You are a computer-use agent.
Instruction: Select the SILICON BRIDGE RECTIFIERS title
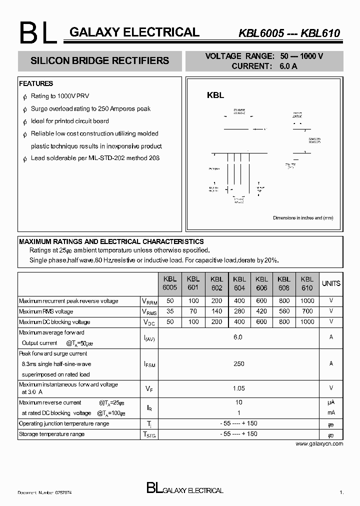point(100,61)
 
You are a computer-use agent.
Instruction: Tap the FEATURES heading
point(36,83)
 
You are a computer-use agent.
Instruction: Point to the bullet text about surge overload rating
point(90,108)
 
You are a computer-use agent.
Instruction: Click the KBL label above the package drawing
point(215,95)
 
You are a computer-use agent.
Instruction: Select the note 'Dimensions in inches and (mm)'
point(303,218)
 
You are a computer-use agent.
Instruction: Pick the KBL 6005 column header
point(170,283)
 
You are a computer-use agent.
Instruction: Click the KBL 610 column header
point(307,283)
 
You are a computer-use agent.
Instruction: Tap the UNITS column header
point(331,283)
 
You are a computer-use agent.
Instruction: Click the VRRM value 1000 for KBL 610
point(307,301)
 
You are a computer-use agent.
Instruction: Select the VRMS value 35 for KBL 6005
point(170,311)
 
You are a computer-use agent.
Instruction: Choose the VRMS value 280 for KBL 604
point(239,311)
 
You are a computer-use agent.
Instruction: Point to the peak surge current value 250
point(238,364)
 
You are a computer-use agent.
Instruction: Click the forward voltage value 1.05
point(238,387)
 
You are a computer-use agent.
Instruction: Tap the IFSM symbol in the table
point(149,364)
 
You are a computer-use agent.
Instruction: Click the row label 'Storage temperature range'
point(51,434)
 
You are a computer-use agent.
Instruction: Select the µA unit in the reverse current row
point(331,402)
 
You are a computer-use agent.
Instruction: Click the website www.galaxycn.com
point(319,443)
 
